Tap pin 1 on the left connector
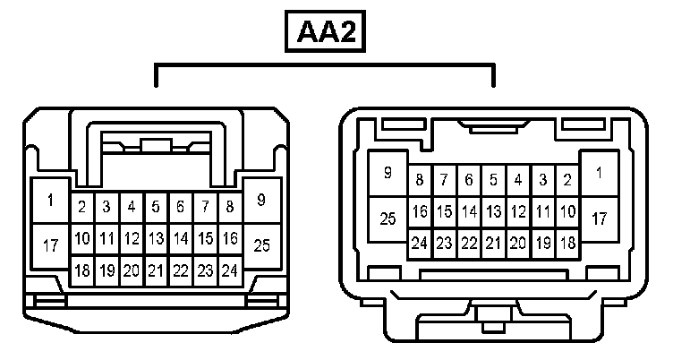50,201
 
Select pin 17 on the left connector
50,244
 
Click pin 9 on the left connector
261,201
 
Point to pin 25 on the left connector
261,244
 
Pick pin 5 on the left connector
156,208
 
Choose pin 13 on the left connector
156,239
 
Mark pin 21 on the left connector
156,270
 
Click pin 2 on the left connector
81,208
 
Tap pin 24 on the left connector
229,270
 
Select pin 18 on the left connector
81,270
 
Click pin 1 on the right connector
599,173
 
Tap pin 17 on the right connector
599,218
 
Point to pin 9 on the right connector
388,173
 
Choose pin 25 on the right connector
388,218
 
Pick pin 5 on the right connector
493,180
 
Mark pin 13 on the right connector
493,212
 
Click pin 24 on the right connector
419,243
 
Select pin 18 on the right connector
567,243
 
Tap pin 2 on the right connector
567,180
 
